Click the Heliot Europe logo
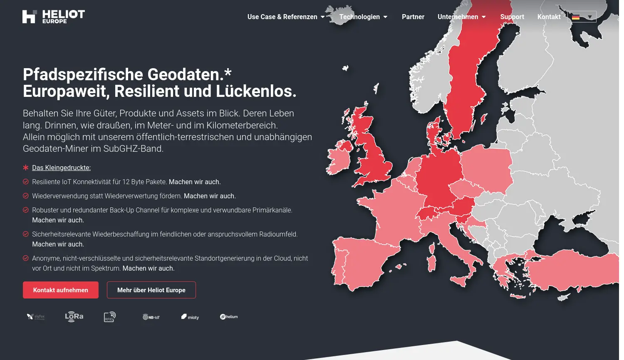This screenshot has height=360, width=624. point(54,17)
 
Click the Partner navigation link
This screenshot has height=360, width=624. point(413,17)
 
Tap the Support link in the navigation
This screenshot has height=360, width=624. point(512,17)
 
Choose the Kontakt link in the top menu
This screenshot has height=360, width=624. point(549,17)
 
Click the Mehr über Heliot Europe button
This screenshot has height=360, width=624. point(151,290)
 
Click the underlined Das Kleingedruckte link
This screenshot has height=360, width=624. point(61,168)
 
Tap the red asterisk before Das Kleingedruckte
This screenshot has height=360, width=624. point(26,168)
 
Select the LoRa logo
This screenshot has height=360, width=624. point(74,317)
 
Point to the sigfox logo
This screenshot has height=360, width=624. point(36,317)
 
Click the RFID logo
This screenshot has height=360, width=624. point(110,317)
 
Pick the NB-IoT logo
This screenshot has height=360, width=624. point(151,317)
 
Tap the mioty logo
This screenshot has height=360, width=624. point(190,317)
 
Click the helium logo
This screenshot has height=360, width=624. point(229,317)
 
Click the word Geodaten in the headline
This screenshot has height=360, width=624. point(186,75)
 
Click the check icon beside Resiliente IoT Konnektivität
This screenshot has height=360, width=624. point(26,182)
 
